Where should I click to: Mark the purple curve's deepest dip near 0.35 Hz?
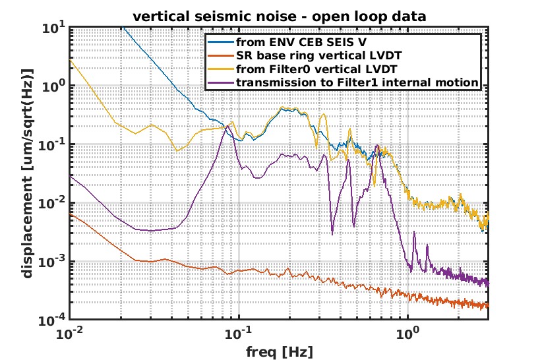click(332, 233)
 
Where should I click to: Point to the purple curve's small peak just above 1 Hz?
click(414, 233)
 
